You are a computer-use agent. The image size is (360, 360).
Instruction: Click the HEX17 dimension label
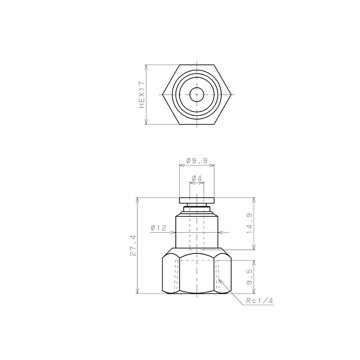[x=142, y=95]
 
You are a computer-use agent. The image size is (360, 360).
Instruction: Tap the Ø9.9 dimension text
[x=197, y=160]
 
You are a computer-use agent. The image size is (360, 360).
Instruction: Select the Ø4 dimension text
[x=197, y=178]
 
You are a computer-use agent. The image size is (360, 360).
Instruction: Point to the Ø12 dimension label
[x=158, y=228]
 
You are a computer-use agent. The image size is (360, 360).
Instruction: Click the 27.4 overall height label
[x=133, y=246]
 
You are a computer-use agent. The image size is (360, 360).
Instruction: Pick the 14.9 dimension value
[x=249, y=224]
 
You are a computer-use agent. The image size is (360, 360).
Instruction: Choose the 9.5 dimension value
[x=249, y=277]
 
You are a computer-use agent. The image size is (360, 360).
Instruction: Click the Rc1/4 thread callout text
[x=260, y=300]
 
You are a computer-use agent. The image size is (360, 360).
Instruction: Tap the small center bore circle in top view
[x=197, y=94]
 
